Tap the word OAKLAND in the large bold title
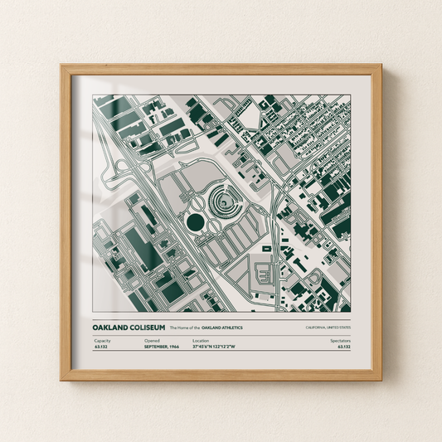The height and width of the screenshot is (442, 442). tap(112, 328)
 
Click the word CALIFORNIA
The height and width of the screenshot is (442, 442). tap(317, 328)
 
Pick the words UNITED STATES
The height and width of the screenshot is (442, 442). tap(338, 328)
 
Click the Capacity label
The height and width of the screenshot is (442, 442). tap(102, 341)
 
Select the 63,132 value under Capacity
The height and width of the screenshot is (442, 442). tap(101, 347)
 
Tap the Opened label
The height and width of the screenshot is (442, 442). tap(152, 341)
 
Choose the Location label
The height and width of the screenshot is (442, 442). tap(201, 341)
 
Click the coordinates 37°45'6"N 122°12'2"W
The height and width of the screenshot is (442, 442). tap(213, 347)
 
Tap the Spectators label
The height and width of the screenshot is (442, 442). tap(340, 341)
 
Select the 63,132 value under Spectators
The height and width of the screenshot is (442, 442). tap(343, 347)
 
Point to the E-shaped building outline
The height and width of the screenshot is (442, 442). tap(264, 272)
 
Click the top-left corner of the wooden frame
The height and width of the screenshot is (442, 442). tap(61, 66)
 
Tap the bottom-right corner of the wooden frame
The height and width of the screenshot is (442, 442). tap(381, 379)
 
